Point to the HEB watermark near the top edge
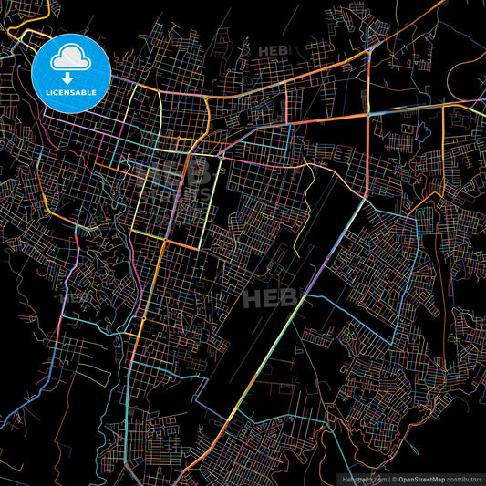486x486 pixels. (272, 50)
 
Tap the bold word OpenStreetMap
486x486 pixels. (426, 478)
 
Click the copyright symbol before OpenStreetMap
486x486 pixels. (394, 478)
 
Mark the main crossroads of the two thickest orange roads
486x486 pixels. (367, 114)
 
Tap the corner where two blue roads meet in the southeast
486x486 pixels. (394, 344)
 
